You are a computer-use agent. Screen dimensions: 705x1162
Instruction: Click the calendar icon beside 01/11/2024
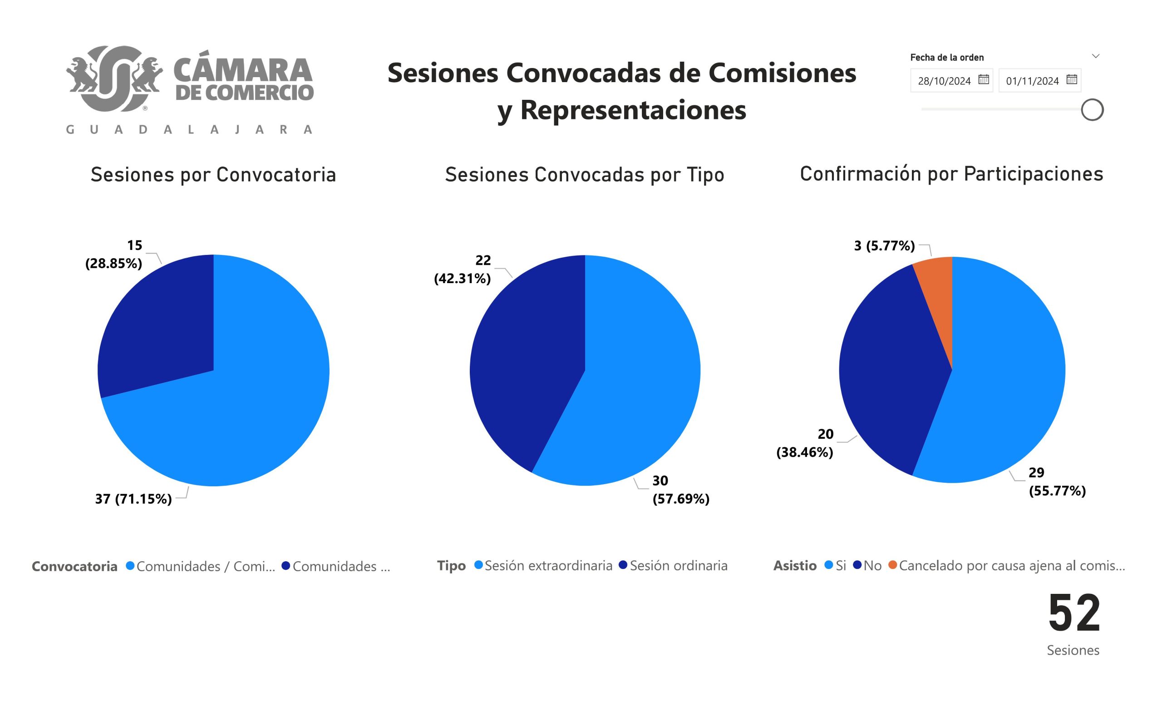tap(1072, 79)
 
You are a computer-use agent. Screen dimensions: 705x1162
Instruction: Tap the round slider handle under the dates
tap(1092, 110)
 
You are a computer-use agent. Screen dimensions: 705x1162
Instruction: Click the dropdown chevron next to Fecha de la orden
tap(1096, 56)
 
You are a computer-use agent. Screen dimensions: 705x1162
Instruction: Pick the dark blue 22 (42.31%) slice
tap(528, 358)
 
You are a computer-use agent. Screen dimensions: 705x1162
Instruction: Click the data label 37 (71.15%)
tap(133, 499)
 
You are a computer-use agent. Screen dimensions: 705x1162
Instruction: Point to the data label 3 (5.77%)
tap(884, 245)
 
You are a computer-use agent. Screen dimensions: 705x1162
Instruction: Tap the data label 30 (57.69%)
tap(680, 490)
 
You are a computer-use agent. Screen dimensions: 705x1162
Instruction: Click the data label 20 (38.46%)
tap(805, 443)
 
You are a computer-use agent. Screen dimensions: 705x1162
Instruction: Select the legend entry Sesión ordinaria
tap(678, 566)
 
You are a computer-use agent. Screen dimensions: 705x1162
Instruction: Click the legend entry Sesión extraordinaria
tap(548, 566)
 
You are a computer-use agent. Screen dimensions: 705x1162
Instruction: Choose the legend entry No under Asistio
tap(872, 566)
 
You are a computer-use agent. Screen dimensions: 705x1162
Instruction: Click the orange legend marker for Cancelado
tap(892, 564)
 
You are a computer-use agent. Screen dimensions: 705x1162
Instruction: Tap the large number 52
tap(1074, 613)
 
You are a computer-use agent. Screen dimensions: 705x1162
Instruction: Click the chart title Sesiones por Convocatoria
tap(213, 175)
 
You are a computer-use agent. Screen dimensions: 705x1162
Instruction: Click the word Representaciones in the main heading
tap(633, 110)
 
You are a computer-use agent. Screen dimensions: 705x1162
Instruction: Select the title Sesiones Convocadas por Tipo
tap(584, 175)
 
